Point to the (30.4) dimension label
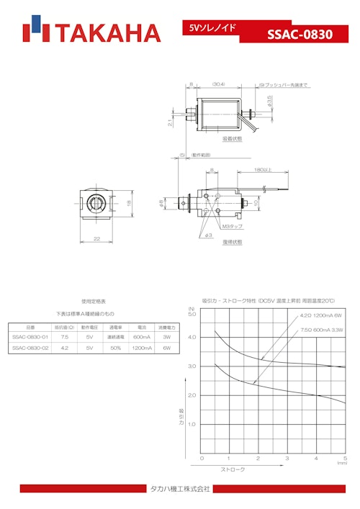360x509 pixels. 218,84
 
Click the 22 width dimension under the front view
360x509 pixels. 96,238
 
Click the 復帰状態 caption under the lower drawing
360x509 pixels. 233,242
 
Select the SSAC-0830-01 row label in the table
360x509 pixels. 30,336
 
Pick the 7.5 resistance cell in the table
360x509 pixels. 65,336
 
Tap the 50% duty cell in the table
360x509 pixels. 116,348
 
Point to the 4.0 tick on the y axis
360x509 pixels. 192,337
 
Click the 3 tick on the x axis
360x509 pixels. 287,459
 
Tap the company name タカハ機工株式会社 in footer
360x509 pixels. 179,489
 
